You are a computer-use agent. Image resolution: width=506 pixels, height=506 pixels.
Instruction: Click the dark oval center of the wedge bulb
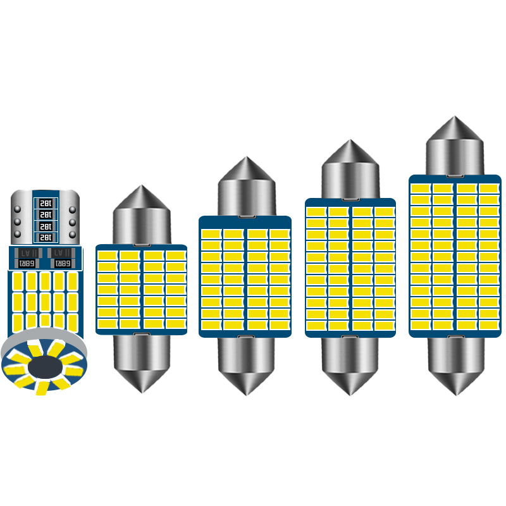[x=44, y=366]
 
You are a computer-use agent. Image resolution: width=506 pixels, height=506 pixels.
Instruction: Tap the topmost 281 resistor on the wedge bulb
[x=45, y=203]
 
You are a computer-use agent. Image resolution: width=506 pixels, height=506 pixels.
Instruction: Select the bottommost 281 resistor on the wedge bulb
[x=45, y=237]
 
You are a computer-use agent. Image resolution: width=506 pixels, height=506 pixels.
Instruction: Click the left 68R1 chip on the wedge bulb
[x=27, y=262]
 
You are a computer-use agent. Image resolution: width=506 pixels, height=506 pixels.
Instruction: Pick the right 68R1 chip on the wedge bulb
[x=63, y=262]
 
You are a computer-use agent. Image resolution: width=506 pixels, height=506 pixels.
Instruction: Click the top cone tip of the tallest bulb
[x=454, y=118]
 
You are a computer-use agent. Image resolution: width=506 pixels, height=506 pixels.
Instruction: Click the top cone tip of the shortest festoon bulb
[x=142, y=187]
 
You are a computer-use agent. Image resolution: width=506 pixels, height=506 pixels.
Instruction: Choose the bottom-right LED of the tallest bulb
[x=488, y=326]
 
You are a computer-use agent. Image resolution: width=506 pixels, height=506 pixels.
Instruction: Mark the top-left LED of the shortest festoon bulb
[x=107, y=256]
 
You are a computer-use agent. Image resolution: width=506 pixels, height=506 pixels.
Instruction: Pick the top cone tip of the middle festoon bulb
[x=245, y=159]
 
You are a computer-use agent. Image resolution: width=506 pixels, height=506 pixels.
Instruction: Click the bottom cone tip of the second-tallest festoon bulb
[x=350, y=393]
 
